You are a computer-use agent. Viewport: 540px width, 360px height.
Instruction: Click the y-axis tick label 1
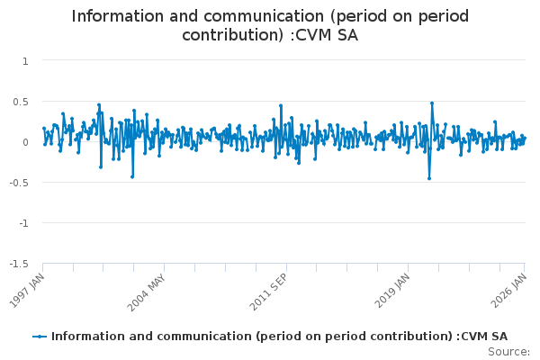pyautogui.click(x=25, y=61)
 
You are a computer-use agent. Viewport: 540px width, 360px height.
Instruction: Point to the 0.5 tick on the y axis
pyautogui.click(x=21, y=102)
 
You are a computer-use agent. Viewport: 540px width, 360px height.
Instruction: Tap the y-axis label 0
pyautogui.click(x=25, y=142)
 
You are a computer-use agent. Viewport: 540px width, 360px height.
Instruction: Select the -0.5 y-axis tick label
pyautogui.click(x=19, y=183)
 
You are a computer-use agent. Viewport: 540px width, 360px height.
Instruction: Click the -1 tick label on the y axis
pyautogui.click(x=23, y=223)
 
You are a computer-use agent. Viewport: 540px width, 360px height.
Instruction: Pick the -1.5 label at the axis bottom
pyautogui.click(x=19, y=264)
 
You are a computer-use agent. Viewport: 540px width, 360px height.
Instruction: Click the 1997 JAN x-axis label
pyautogui.click(x=27, y=291)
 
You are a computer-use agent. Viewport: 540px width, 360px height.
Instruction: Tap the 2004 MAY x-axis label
pyautogui.click(x=147, y=292)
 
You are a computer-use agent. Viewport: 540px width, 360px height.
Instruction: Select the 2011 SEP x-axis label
pyautogui.click(x=268, y=292)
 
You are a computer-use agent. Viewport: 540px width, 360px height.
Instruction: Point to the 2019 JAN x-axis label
pyautogui.click(x=392, y=291)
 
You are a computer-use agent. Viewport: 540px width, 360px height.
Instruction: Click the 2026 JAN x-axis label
pyautogui.click(x=508, y=291)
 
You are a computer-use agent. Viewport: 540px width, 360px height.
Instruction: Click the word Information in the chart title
pyautogui.click(x=117, y=16)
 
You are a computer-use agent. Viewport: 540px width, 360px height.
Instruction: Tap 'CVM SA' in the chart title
pyautogui.click(x=327, y=35)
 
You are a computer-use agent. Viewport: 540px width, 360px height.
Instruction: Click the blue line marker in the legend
pyautogui.click(x=40, y=337)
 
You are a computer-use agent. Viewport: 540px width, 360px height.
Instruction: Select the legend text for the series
pyautogui.click(x=279, y=337)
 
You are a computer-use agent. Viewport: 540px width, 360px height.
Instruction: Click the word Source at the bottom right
pyautogui.click(x=508, y=352)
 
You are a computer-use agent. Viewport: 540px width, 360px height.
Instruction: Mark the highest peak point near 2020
pyautogui.click(x=432, y=103)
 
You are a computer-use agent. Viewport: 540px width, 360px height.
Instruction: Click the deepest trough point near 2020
pyautogui.click(x=429, y=178)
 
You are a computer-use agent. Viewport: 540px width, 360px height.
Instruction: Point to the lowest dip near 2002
pyautogui.click(x=132, y=176)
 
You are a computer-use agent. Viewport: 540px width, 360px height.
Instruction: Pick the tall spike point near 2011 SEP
pyautogui.click(x=281, y=105)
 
